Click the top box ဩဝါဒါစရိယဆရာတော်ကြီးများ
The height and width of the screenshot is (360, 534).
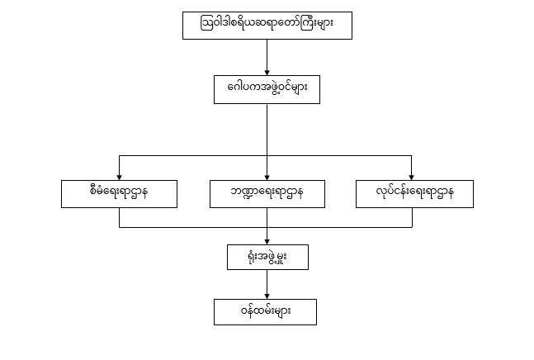tap(267, 26)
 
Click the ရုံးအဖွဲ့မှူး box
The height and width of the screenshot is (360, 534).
tap(267, 257)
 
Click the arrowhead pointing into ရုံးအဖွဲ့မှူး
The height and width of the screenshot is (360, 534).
tap(267, 239)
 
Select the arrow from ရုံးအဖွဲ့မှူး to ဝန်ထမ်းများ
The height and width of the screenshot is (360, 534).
tap(267, 284)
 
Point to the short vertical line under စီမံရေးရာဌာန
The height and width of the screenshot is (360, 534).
tap(120, 217)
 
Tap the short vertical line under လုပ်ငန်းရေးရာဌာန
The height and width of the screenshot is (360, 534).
tap(412, 217)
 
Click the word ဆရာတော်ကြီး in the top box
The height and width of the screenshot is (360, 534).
tap(289, 26)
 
